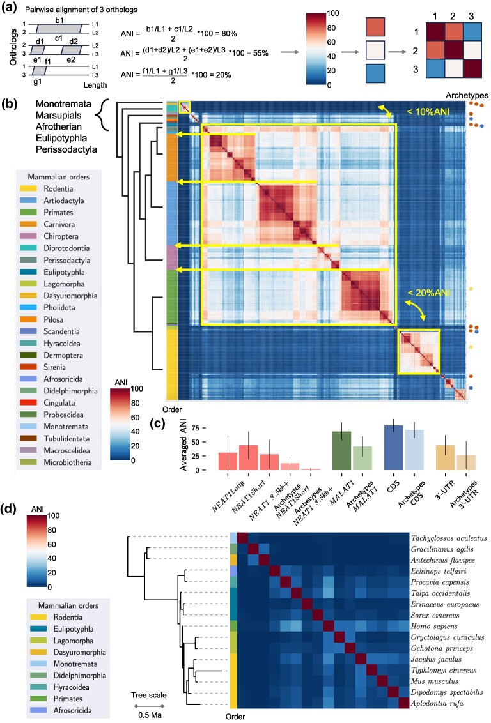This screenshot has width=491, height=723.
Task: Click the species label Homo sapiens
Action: pos(433,626)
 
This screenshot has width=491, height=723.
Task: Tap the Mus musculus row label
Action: pos(434,681)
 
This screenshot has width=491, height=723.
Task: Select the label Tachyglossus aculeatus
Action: pos(449,538)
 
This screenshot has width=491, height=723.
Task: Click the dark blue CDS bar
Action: pos(394,448)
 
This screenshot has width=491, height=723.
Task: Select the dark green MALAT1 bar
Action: pos(342,450)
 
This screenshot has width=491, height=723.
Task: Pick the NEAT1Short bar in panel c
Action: pos(248,457)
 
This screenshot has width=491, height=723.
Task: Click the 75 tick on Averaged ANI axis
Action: pos(196,428)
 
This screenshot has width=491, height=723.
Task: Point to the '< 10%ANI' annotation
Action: pos(428,112)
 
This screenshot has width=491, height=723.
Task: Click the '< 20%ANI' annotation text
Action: pos(429,293)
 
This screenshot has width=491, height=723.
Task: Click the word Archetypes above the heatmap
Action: pos(467,95)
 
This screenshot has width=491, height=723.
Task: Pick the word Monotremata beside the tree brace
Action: pos(64,104)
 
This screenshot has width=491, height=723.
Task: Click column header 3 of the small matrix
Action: pos(471,16)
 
